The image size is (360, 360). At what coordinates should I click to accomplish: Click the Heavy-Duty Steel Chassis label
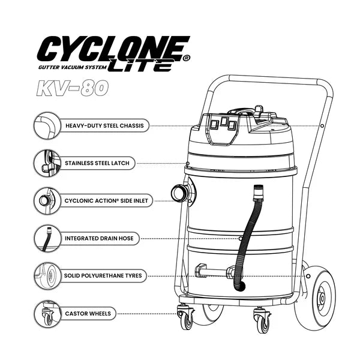coord(104,125)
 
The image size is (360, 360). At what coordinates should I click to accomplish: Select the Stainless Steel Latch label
coord(97,163)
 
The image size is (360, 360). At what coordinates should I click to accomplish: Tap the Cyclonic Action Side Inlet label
coord(106,200)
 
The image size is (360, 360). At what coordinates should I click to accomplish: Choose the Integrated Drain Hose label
coord(99,238)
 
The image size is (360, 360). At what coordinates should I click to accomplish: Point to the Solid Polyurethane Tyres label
coord(103,275)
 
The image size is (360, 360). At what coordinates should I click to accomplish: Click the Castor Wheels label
coord(88,313)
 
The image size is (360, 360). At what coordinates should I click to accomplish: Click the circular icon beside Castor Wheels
coord(47,314)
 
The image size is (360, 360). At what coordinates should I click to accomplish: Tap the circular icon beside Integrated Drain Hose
coord(47,238)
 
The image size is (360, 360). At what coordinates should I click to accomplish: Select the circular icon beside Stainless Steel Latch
coord(47,163)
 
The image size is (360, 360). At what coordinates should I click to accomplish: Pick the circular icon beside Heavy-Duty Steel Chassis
coord(47,125)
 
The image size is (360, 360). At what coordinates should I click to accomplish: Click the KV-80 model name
coord(72,88)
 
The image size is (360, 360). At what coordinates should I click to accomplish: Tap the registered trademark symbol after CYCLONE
coord(187,58)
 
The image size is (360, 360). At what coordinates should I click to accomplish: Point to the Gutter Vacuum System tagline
coord(73,67)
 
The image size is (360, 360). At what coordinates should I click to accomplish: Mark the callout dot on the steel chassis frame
coord(322,126)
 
